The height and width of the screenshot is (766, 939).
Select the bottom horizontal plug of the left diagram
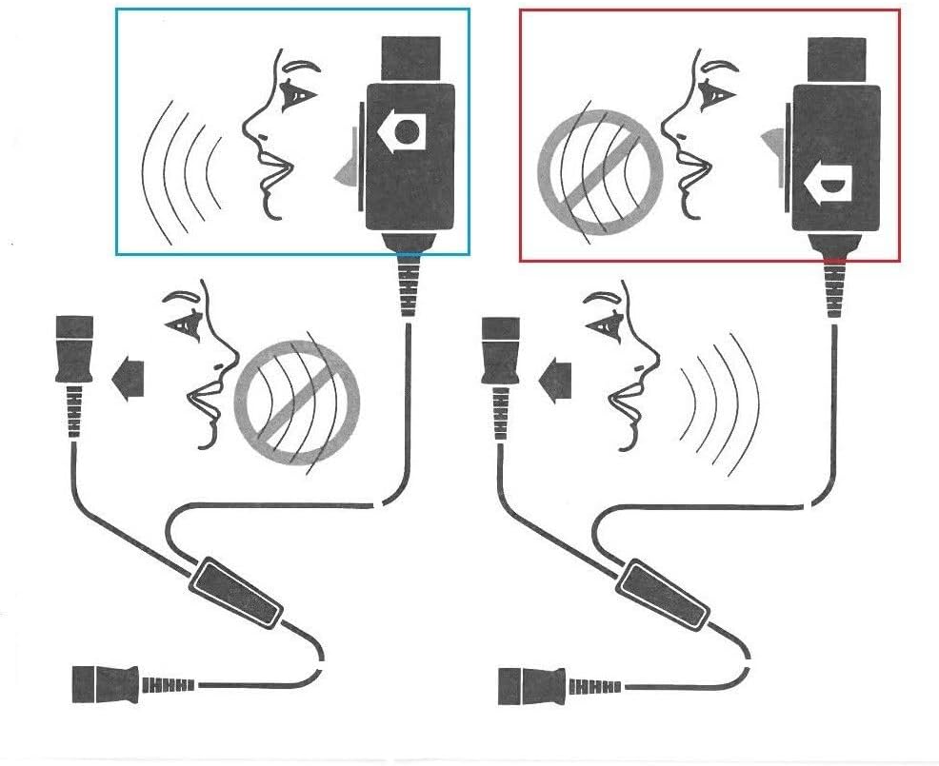[x=105, y=682]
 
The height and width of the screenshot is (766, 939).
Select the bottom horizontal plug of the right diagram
[x=529, y=682]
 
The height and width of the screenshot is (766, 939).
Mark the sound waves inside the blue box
[x=181, y=174]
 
